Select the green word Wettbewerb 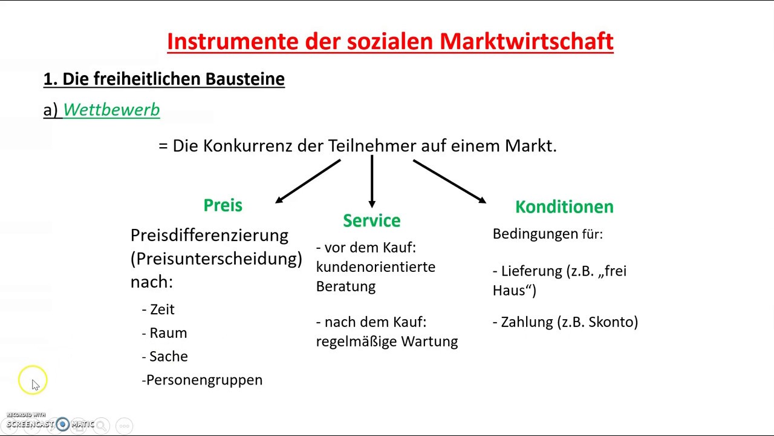coord(111,110)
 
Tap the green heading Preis coord(223,205)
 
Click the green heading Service coord(371,220)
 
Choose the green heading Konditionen coord(564,206)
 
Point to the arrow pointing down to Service coord(371,182)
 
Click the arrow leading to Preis coord(308,181)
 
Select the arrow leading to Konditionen coord(449,181)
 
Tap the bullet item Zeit coord(161,309)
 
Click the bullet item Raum coord(167,333)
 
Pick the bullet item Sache coord(168,357)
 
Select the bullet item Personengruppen coord(204,380)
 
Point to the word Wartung coord(429,342)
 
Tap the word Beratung coord(345,286)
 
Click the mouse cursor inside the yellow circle coord(35,385)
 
